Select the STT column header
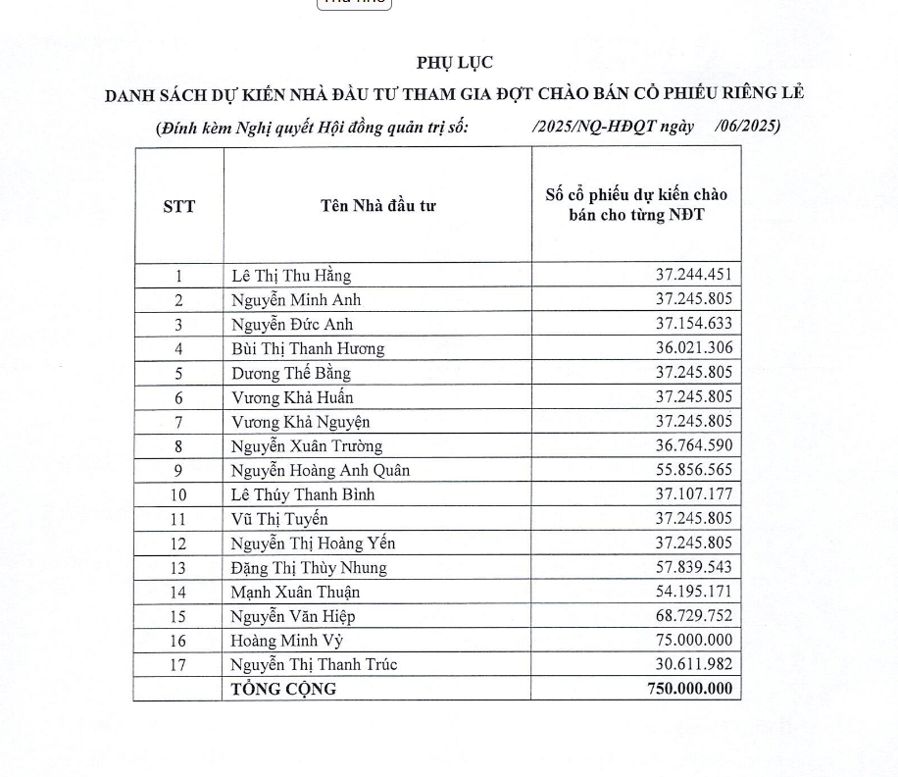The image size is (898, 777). (x=178, y=206)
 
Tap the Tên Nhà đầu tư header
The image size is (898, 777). (x=377, y=205)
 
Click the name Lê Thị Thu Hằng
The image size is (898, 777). (x=291, y=276)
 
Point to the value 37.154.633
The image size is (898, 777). (x=693, y=324)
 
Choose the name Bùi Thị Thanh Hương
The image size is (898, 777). (x=308, y=348)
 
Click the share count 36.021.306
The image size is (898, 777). (x=693, y=348)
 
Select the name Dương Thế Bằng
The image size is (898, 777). (x=291, y=373)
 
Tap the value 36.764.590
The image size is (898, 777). (x=693, y=445)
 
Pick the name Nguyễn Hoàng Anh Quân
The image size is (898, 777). (x=321, y=470)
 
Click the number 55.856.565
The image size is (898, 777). (x=693, y=470)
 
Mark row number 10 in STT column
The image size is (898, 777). (x=178, y=494)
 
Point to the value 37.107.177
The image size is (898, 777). (x=693, y=494)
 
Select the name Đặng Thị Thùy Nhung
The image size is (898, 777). (x=309, y=567)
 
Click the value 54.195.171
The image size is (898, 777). (x=693, y=592)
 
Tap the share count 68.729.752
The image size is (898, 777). (x=693, y=616)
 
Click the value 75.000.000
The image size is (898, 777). (x=693, y=641)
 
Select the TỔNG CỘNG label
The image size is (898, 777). (x=283, y=689)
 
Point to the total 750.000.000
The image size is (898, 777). (x=689, y=689)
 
